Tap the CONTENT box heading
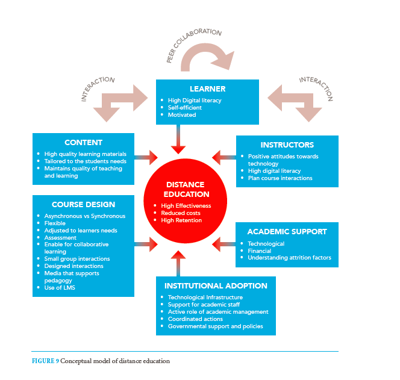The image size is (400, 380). click(83, 143)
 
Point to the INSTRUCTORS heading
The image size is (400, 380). click(287, 145)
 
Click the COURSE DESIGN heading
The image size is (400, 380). click(83, 204)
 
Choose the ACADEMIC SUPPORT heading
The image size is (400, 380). click(287, 232)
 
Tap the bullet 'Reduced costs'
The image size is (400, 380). click(181, 213)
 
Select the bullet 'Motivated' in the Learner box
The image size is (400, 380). click(181, 115)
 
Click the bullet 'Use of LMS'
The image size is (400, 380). click(60, 288)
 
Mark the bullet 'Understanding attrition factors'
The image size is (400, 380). click(290, 258)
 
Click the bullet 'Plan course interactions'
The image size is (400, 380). click(280, 178)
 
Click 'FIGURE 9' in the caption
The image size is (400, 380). click(45, 361)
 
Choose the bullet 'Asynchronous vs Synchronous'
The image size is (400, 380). click(85, 216)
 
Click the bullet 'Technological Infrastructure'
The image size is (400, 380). click(205, 297)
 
